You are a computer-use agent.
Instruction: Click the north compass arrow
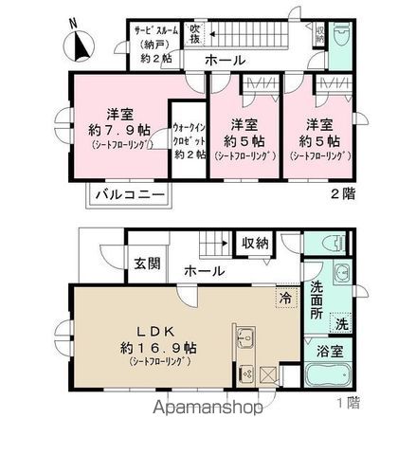click(x=78, y=44)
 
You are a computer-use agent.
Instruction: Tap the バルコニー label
click(x=130, y=195)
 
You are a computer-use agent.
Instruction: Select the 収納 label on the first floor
click(x=254, y=244)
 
